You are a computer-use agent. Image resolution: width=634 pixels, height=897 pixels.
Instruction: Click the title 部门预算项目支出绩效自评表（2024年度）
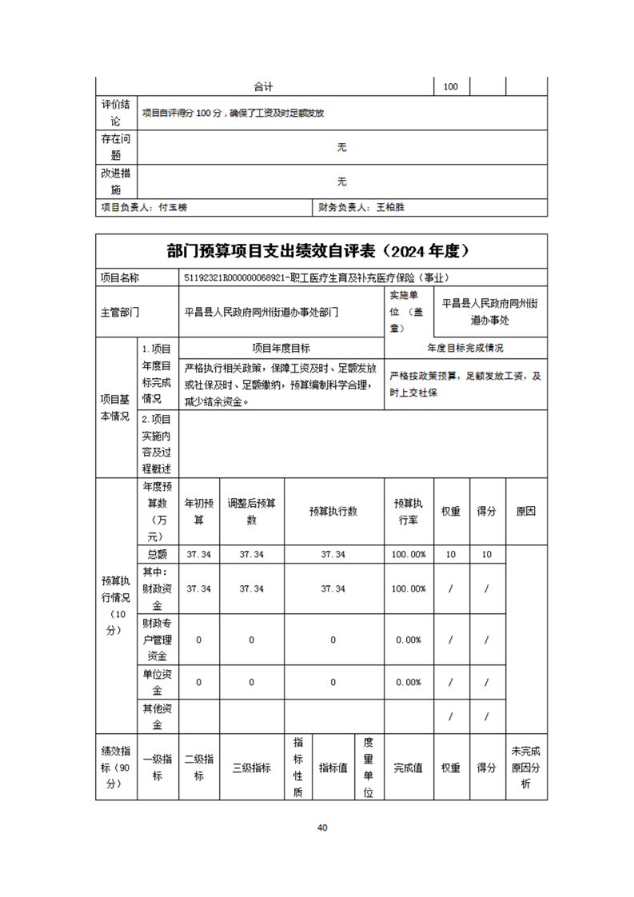(321, 251)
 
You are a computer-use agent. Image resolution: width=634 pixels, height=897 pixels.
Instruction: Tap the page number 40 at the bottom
(321, 827)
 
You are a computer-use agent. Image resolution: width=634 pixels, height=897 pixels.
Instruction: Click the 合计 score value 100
(450, 86)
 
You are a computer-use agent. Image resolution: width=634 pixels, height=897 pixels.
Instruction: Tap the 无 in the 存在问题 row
(342, 147)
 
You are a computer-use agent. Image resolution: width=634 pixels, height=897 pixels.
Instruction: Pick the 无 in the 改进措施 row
(342, 181)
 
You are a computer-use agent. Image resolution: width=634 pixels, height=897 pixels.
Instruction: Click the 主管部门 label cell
(120, 312)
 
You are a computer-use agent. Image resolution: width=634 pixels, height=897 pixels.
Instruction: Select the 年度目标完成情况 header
(466, 349)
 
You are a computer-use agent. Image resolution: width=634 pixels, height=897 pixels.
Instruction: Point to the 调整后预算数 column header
(251, 512)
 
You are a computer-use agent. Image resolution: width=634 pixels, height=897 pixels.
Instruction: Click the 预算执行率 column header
(409, 512)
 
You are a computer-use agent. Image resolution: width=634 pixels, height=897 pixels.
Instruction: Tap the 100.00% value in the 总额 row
(409, 554)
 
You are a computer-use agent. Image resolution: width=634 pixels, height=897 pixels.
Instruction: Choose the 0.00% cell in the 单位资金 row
(409, 682)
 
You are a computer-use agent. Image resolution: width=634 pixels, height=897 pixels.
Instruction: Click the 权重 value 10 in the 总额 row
(450, 554)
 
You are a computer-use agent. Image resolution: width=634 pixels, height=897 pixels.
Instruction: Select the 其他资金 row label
(157, 716)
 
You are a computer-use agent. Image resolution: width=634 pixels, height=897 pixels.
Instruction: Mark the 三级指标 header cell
(251, 767)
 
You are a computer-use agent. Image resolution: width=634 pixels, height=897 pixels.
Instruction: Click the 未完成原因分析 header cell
(525, 767)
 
